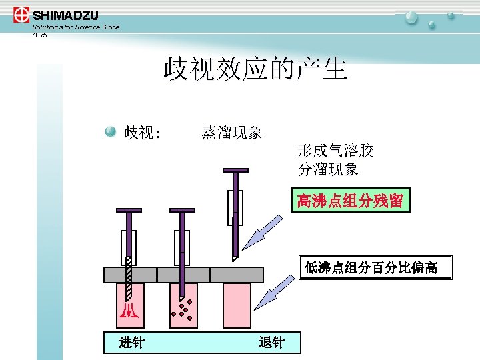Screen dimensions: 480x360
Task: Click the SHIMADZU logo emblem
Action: [x=21, y=15]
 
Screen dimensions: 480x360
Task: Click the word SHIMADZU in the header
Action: [x=65, y=15]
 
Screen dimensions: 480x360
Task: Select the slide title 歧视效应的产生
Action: [x=256, y=69]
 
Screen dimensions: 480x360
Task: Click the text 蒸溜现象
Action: [x=231, y=133]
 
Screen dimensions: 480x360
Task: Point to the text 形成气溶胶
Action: [x=335, y=151]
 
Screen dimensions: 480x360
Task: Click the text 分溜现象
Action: [x=328, y=169]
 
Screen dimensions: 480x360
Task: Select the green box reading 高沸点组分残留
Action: [x=350, y=200]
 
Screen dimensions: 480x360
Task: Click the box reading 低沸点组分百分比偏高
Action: [x=375, y=267]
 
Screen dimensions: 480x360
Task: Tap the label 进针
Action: [x=131, y=343]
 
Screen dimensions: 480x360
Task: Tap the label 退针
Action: [x=271, y=343]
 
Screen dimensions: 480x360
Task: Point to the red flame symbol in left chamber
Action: [x=126, y=311]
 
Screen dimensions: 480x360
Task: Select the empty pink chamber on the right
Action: [x=237, y=305]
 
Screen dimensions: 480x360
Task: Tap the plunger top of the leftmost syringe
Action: [x=129, y=211]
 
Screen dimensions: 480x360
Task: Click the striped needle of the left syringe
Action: [x=129, y=277]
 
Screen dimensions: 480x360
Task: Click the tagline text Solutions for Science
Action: [x=67, y=27]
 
